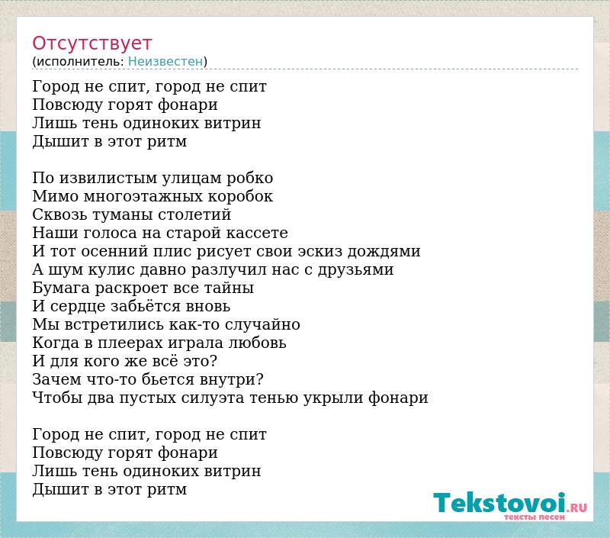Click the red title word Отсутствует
(x=91, y=43)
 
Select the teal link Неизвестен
(x=165, y=61)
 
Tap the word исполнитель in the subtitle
(x=80, y=61)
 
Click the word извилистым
(x=108, y=178)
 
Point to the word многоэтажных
(x=143, y=196)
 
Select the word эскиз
(x=320, y=251)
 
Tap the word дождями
(x=384, y=252)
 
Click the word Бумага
(x=62, y=288)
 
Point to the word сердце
(x=79, y=306)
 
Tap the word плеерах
(x=130, y=343)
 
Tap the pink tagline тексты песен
(x=535, y=517)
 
